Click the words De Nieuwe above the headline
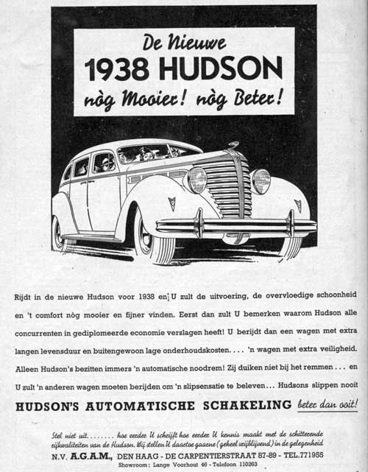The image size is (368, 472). point(184,41)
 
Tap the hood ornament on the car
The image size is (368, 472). point(233,145)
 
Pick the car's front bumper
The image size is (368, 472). point(236,226)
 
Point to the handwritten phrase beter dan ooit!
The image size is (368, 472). point(328,404)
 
